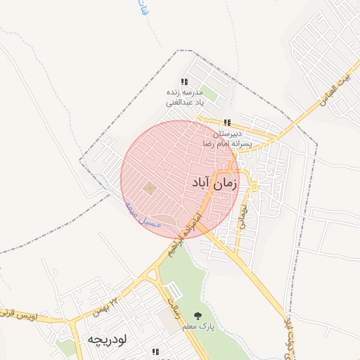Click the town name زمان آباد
click(x=214, y=184)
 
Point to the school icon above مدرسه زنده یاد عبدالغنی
click(x=184, y=82)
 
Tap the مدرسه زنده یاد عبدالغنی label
click(x=184, y=98)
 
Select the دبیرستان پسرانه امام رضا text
click(x=232, y=137)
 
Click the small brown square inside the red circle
click(x=149, y=188)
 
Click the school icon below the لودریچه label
click(x=155, y=352)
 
